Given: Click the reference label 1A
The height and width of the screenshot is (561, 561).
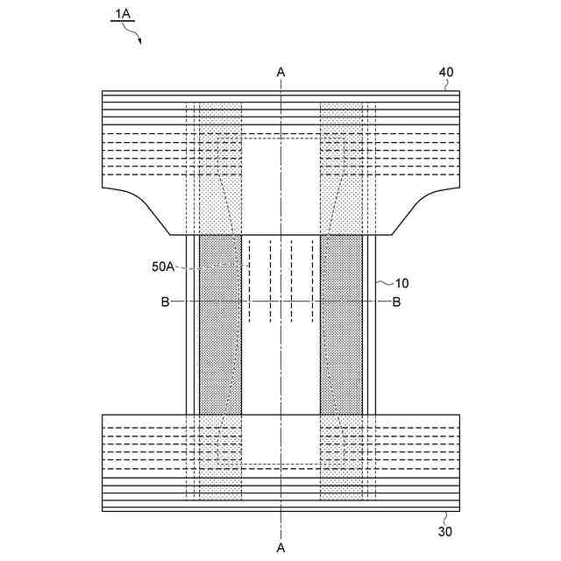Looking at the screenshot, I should (x=121, y=15).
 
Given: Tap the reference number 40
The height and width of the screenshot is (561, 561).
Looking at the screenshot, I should (x=446, y=72).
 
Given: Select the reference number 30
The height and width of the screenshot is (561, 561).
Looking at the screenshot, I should (x=446, y=530).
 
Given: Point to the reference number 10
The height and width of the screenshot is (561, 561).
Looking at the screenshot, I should (x=401, y=283).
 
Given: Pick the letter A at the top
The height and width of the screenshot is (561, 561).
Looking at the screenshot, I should (x=280, y=71).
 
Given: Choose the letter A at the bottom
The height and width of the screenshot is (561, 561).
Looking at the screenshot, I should (x=280, y=547).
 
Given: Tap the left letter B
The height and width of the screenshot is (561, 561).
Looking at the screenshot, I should (x=165, y=302).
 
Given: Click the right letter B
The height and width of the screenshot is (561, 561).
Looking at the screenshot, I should (x=396, y=302).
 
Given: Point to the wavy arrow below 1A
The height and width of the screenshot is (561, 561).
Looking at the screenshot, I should (x=133, y=33).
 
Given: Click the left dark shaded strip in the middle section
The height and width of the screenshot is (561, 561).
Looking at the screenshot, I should (x=220, y=324).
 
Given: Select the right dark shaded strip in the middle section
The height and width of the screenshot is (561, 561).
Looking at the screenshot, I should (x=341, y=324).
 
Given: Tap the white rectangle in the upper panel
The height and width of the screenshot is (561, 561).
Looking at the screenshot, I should (x=280, y=184).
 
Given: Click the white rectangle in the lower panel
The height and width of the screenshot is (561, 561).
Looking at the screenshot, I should (x=280, y=438).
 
